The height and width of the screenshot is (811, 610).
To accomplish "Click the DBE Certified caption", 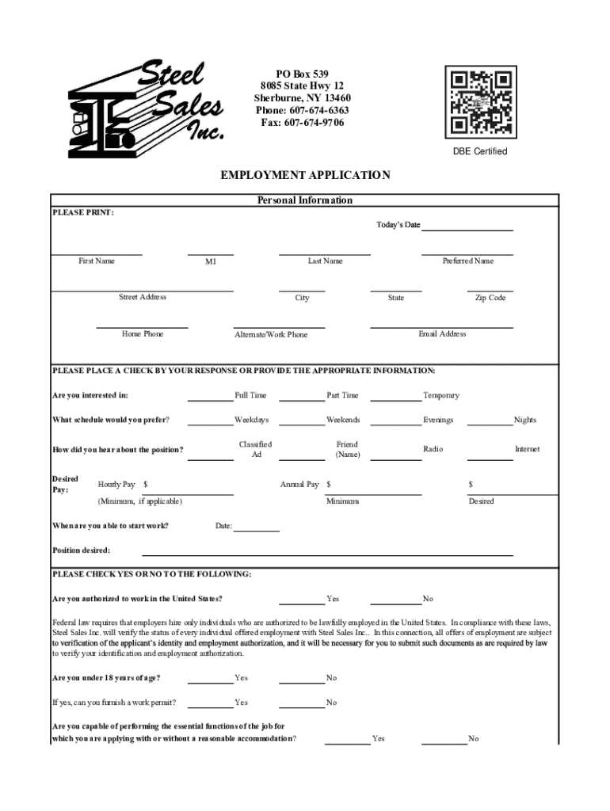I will click(x=480, y=151).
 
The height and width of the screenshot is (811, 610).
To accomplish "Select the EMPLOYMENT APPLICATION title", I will click(x=305, y=176).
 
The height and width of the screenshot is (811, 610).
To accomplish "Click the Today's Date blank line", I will click(x=467, y=230).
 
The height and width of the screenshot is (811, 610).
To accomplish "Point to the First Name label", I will click(x=97, y=261).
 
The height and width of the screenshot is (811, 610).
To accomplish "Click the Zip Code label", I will click(x=490, y=298).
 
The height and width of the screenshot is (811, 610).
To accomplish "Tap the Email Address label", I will click(x=442, y=333).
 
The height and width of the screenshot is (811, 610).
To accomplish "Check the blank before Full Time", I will click(x=210, y=400).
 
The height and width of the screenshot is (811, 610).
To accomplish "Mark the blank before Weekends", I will click(x=302, y=425).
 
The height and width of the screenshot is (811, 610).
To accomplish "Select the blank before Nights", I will click(x=490, y=425).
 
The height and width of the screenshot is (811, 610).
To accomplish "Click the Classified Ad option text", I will click(x=255, y=450).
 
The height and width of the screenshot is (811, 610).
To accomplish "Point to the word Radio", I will click(x=433, y=449).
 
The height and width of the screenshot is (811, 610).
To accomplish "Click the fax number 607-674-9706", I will click(x=303, y=123).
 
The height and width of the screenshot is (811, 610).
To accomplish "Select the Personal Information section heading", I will click(x=305, y=200).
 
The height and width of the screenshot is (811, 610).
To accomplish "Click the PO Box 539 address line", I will click(x=302, y=74).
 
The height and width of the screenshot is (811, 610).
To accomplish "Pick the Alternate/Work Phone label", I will click(x=271, y=334).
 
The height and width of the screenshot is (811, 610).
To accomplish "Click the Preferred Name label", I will click(x=467, y=261).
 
